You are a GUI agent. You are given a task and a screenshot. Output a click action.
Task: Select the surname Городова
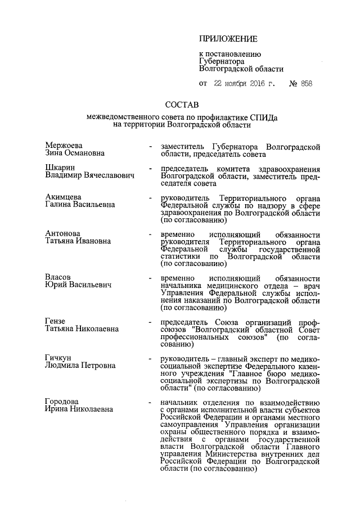[x=64, y=402]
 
